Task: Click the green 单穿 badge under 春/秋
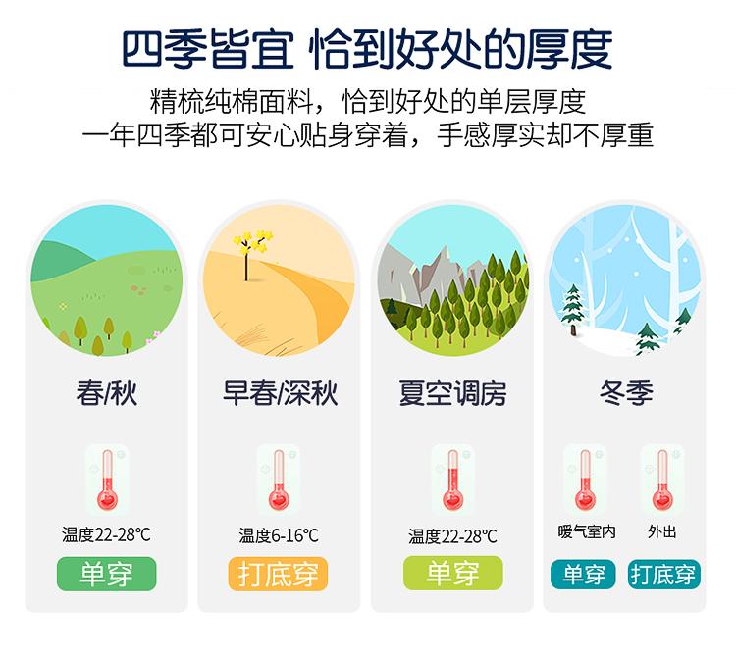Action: coord(107,574)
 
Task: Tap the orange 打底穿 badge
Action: coord(278,574)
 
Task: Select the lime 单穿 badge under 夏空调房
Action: coord(453,573)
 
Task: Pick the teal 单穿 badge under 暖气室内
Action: coord(583,574)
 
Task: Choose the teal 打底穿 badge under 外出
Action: coord(663,574)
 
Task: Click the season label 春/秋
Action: coord(107,393)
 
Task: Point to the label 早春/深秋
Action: coord(280,393)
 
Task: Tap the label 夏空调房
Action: coord(452,393)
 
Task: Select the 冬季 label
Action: coord(627,392)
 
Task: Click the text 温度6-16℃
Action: coord(279,535)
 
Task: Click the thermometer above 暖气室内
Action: coord(585,479)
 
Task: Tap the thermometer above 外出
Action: coord(662,479)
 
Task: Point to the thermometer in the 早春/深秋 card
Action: coord(279,479)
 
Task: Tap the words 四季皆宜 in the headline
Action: coord(208,49)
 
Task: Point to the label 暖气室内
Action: coord(587,531)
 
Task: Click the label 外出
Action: coord(661,531)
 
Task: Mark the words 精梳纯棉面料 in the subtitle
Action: coord(232,101)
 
